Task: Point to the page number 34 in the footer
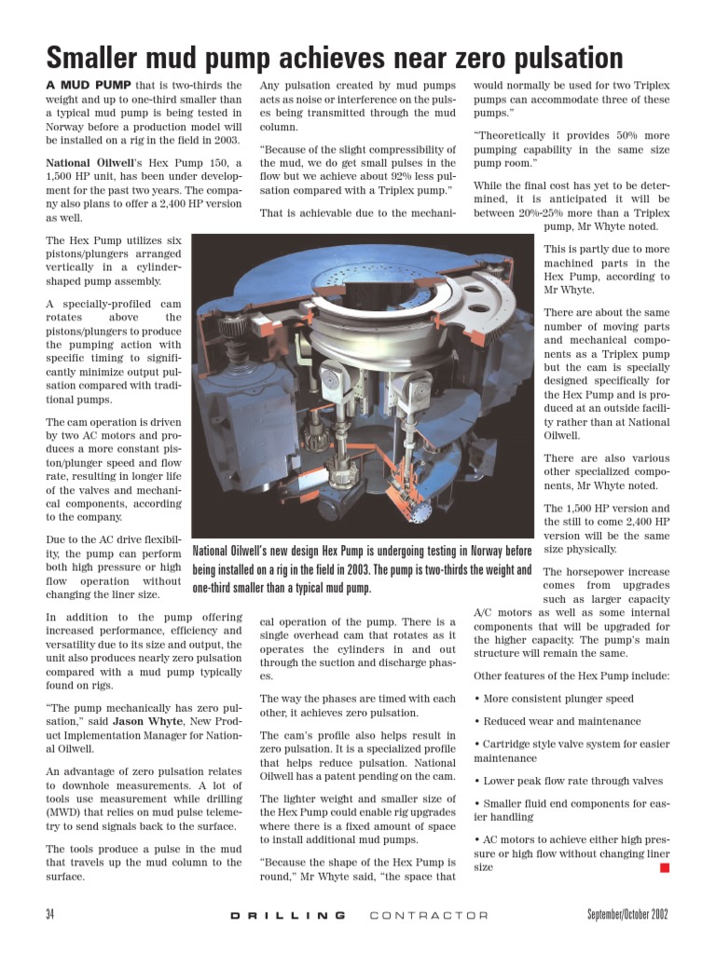[x=50, y=914]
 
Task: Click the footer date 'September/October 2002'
[x=627, y=914]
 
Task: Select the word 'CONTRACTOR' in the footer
[x=429, y=915]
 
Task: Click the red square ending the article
[x=665, y=867]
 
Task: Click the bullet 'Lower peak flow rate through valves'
[x=572, y=781]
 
